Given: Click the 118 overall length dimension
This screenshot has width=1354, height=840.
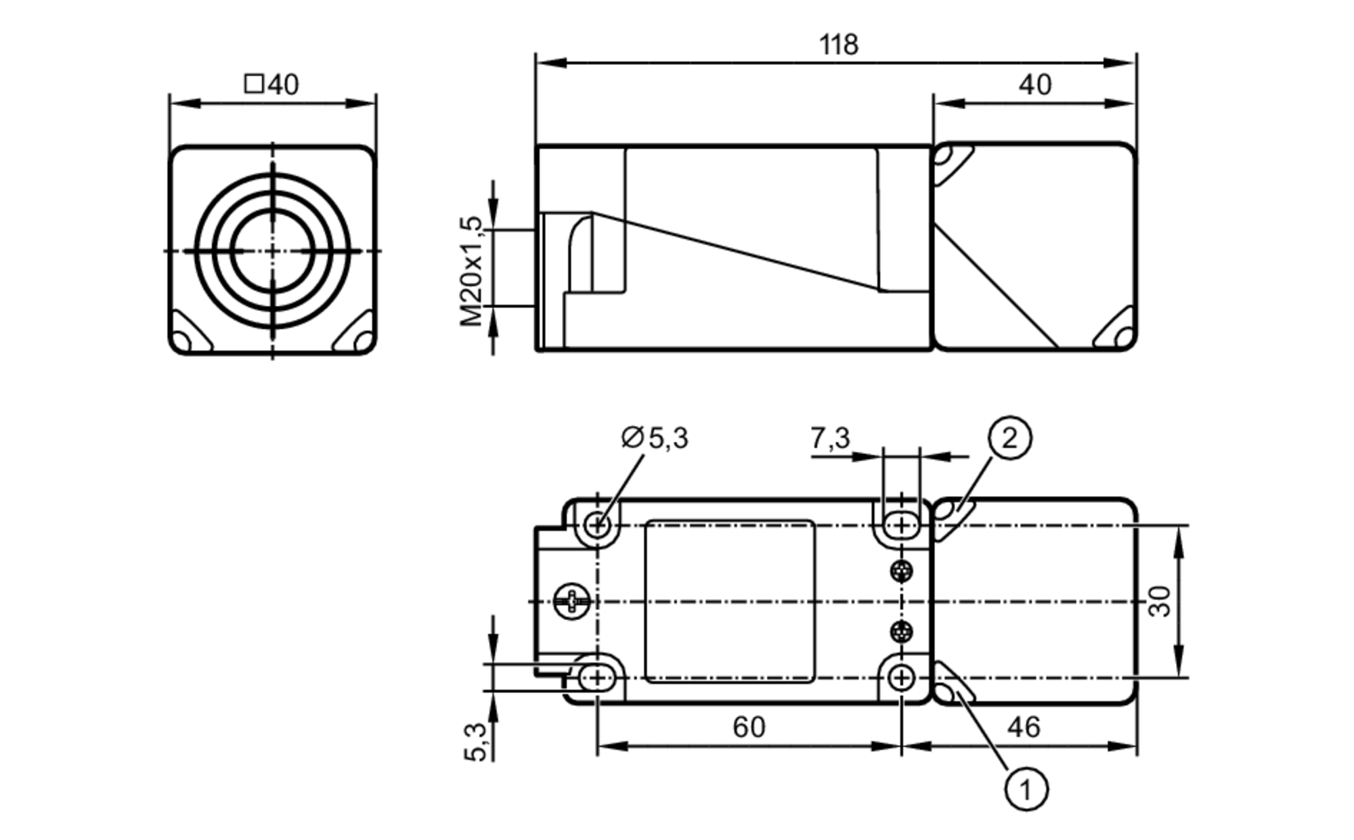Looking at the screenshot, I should click(x=838, y=45).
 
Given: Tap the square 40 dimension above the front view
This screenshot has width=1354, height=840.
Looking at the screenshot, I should click(x=271, y=85).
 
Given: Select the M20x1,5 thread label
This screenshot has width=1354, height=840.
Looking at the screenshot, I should click(x=472, y=271).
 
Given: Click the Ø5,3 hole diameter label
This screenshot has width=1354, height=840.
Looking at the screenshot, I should click(x=655, y=438).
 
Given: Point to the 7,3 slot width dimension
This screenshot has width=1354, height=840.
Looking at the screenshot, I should click(x=830, y=438).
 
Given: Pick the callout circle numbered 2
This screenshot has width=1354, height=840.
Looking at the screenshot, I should click(x=1009, y=438).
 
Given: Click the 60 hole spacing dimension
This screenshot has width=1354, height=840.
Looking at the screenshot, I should click(x=749, y=727).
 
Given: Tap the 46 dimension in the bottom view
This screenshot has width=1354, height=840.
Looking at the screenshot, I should click(x=1023, y=727).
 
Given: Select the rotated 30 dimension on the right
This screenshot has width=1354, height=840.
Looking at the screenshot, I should click(x=1160, y=601).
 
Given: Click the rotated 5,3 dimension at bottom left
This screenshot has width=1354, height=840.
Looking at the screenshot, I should click(x=476, y=742).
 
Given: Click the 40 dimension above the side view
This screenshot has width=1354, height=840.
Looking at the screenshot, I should click(x=1035, y=85).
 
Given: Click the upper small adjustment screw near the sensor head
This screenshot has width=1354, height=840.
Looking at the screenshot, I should click(x=901, y=571).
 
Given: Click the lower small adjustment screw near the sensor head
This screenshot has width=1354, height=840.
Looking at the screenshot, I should click(x=901, y=632).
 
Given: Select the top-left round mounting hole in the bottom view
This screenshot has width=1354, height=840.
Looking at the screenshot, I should click(x=597, y=524).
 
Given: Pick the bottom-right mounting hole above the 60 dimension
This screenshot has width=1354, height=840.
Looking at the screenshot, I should click(x=901, y=677).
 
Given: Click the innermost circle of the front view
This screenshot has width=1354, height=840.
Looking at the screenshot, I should click(x=272, y=250).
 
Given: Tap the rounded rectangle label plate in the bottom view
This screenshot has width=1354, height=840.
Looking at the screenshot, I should click(x=730, y=601).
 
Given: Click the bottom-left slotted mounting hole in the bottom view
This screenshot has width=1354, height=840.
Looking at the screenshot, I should click(x=597, y=677).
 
